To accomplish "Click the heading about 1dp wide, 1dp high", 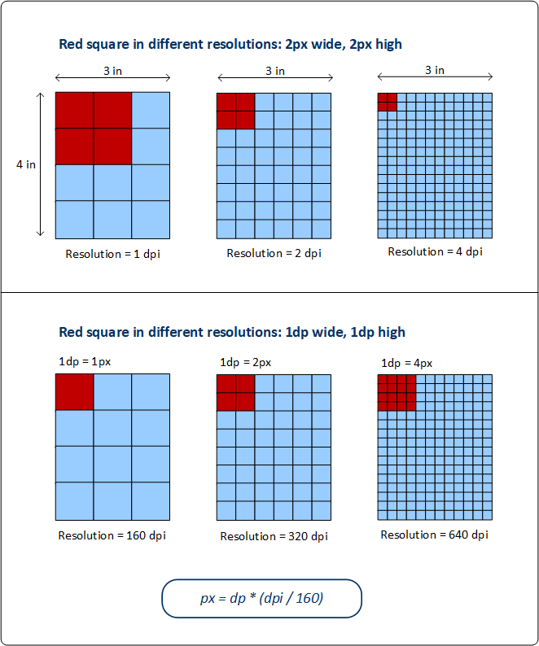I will [x=232, y=332].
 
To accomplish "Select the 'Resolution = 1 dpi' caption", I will [x=112, y=253].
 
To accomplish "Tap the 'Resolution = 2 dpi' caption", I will [x=274, y=253].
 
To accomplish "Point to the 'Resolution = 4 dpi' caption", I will [x=435, y=251].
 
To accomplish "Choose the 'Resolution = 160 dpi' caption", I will [x=112, y=535].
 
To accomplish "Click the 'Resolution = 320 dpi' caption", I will [x=274, y=536].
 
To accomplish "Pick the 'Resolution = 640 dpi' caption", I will [x=435, y=535].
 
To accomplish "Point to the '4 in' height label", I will [x=26, y=164].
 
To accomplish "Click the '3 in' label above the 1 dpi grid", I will [x=112, y=70].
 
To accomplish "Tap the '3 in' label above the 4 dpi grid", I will [x=435, y=70].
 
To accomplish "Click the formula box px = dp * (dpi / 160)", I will [x=261, y=599].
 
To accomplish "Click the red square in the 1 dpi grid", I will [x=94, y=128].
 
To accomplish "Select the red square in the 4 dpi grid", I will [x=388, y=102].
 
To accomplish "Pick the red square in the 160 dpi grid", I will [x=74, y=392].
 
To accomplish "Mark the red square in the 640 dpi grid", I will [x=397, y=393].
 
